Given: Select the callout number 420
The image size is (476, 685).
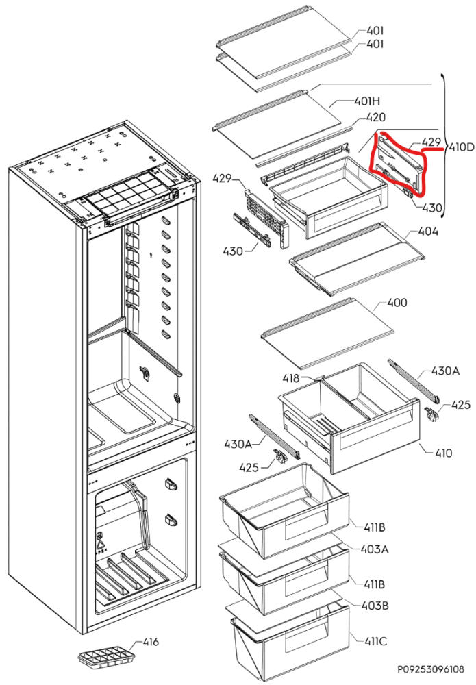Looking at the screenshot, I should click(375, 117).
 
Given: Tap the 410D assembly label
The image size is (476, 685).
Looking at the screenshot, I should click(460, 147).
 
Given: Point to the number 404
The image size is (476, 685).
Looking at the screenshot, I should click(428, 232).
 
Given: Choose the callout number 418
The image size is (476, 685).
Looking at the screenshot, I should click(291, 378).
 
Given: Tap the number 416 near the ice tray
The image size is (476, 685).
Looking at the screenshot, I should click(150, 642).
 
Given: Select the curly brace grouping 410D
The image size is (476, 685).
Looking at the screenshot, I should click(443, 147).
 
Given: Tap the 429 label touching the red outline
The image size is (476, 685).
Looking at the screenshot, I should click(431, 142).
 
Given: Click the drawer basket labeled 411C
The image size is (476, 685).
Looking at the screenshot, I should click(288, 637).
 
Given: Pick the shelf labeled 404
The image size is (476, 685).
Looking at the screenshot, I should click(349, 257).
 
